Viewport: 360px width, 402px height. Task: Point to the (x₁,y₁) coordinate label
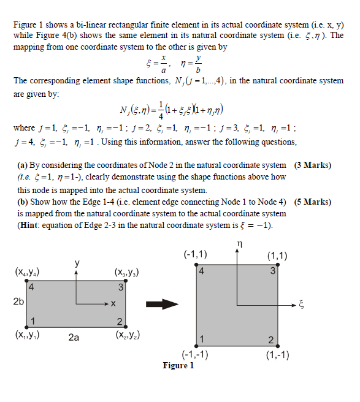coord(28,335)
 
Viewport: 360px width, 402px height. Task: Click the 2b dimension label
coord(19,301)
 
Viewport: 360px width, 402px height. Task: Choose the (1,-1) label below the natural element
coord(277,354)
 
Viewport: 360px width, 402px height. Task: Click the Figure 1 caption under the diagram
coord(178,366)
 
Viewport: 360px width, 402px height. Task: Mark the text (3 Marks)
coord(313,165)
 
